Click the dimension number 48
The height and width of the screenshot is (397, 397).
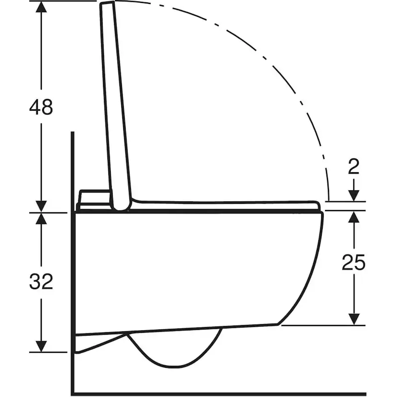[x=41, y=107]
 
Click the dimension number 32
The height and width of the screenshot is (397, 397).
[x=41, y=281]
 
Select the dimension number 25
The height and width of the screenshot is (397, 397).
[x=353, y=262]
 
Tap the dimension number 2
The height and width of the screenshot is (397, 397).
[x=354, y=167]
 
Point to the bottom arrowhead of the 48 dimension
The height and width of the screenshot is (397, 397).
[x=41, y=206]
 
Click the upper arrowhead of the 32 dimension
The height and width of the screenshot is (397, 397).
[x=41, y=219]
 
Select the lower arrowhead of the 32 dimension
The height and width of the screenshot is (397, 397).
[x=41, y=346]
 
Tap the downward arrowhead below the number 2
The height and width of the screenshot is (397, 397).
[x=354, y=195]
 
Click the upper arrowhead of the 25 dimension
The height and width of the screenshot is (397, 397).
[x=354, y=217]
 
